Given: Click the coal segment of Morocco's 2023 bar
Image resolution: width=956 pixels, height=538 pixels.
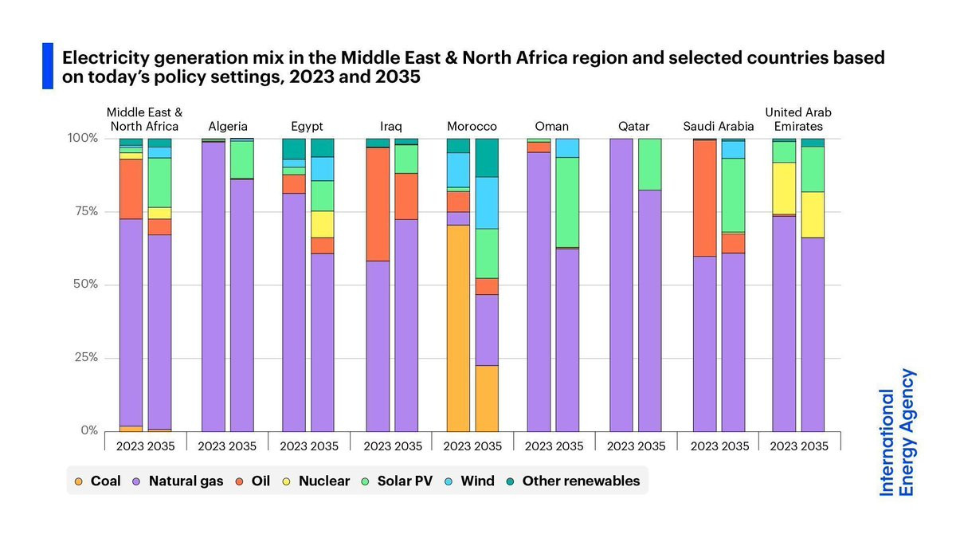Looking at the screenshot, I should (x=458, y=328).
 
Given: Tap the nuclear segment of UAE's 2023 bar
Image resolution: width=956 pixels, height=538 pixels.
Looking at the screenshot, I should (x=784, y=188).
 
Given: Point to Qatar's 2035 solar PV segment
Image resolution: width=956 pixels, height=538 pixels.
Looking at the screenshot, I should (x=649, y=163).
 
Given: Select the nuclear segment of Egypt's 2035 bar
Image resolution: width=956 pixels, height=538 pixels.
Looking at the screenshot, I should (x=323, y=224).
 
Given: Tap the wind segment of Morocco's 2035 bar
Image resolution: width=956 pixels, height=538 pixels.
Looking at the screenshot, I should (x=487, y=202).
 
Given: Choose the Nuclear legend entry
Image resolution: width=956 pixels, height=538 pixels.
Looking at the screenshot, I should (x=316, y=481).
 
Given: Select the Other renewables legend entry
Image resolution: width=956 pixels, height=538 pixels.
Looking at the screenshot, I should (x=573, y=481).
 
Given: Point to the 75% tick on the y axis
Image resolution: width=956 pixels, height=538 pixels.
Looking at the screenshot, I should (x=84, y=211).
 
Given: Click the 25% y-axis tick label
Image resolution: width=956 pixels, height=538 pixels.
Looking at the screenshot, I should (x=84, y=357).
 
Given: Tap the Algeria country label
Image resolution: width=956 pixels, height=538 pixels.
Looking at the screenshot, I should (x=228, y=126).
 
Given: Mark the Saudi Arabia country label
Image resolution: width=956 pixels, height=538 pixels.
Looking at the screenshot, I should (x=719, y=126).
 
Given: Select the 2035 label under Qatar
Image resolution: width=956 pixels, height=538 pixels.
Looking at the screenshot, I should (x=650, y=446).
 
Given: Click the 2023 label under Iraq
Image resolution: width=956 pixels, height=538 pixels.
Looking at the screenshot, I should (x=378, y=446).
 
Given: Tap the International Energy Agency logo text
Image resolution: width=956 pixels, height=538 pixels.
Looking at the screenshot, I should (x=898, y=433).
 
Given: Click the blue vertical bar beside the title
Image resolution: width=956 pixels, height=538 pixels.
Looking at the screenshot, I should (x=48, y=66).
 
